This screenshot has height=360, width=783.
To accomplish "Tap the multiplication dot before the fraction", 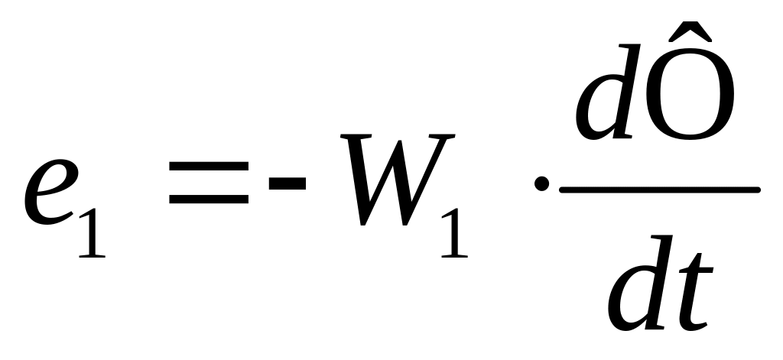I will tap(541, 184).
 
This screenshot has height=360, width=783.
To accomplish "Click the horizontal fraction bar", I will tap(659, 189).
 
